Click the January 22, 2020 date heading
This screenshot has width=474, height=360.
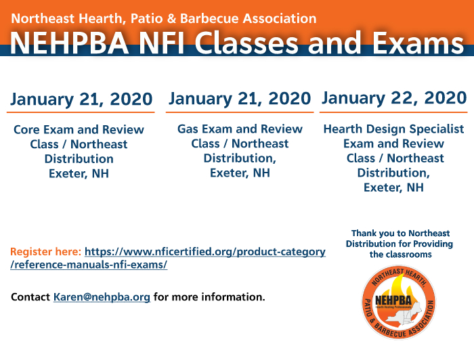[x=394, y=98]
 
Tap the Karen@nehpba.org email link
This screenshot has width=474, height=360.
[x=102, y=297]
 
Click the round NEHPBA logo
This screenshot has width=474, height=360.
[x=399, y=302]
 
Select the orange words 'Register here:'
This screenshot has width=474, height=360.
[x=45, y=252]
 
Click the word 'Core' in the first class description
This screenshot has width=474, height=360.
[x=26, y=129]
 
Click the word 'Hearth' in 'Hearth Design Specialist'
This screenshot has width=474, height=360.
[x=343, y=129]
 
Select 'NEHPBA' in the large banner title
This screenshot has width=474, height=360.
[x=70, y=43]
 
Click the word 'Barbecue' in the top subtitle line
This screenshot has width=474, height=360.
[x=210, y=18]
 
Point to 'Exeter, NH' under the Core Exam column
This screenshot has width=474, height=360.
[x=79, y=174]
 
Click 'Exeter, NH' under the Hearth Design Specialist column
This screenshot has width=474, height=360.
[x=393, y=187]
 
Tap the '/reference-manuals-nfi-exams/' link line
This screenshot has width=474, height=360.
[x=89, y=265]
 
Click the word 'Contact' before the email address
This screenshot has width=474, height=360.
[x=30, y=297]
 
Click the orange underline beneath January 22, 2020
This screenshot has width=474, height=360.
[x=393, y=112]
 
